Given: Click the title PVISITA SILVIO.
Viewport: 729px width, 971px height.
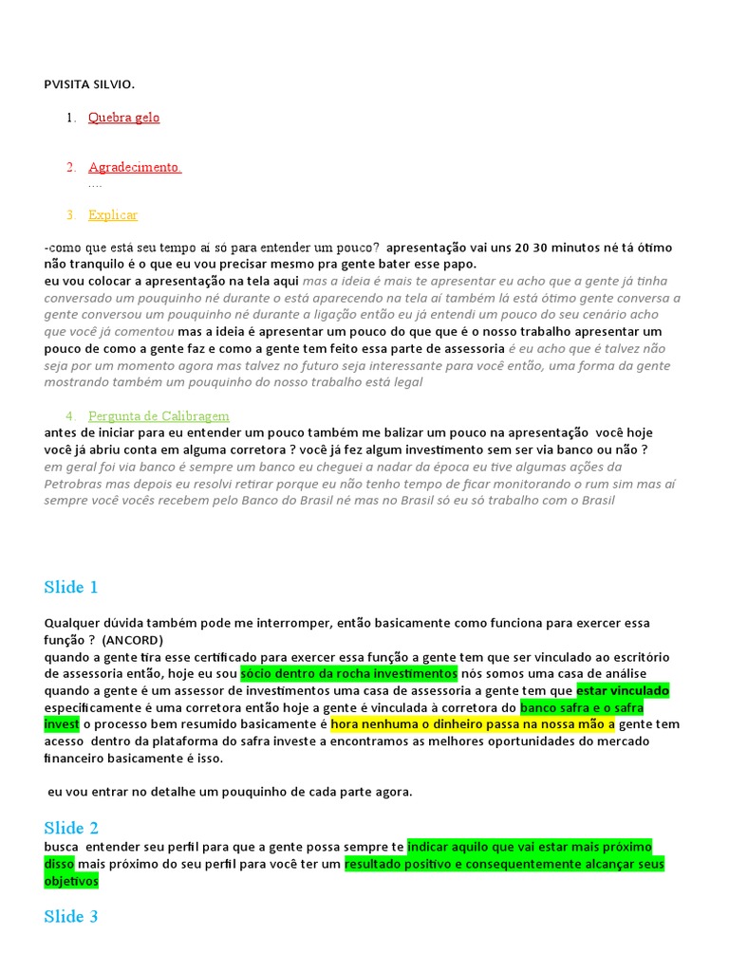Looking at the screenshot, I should coord(89,84).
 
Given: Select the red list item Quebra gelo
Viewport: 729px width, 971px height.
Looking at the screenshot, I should coord(123,118).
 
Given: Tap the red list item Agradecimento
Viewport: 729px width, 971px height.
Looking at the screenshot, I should coord(134,167).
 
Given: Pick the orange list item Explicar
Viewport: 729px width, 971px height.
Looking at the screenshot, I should coord(113,215).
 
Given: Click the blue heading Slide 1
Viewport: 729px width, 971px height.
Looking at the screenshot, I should coord(71,587).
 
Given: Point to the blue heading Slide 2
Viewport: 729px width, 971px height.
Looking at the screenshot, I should coord(71,828).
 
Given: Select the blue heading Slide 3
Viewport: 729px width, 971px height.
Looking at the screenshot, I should coord(71,917).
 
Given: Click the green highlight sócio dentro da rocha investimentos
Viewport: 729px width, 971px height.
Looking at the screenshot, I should coord(349,673).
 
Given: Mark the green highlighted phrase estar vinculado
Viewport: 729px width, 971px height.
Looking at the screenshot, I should coord(622,690).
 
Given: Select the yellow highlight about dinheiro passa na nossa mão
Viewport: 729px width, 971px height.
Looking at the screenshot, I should coord(473,724).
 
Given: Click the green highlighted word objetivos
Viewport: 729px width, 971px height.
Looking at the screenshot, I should coord(71,881).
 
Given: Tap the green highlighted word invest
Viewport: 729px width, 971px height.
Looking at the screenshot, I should coord(61,724).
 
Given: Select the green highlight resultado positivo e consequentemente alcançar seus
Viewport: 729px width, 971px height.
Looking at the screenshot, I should coord(504,864).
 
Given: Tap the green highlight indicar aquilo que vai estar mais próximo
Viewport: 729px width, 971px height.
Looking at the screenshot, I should coord(530,847).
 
